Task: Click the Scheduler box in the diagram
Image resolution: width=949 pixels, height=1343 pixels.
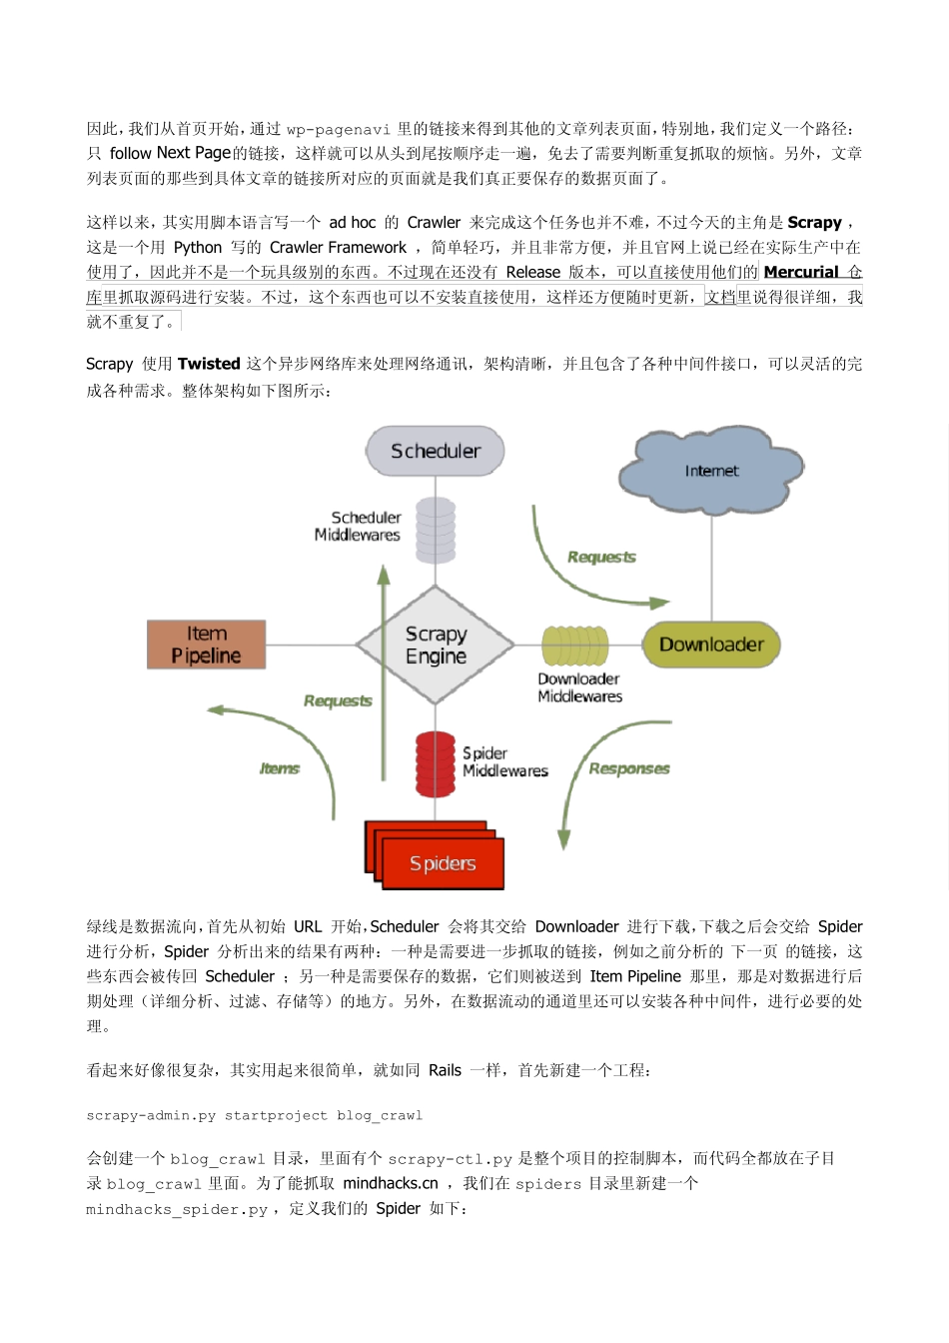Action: [436, 451]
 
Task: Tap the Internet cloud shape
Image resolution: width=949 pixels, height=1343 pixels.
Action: [711, 471]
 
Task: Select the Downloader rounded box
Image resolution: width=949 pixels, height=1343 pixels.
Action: [711, 645]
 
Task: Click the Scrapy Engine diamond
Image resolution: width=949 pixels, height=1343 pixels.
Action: [436, 645]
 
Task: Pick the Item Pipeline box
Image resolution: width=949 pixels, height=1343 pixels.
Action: [207, 645]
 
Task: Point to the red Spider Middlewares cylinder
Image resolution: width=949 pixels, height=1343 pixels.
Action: [436, 762]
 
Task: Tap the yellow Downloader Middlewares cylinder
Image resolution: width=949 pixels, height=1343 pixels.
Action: [575, 646]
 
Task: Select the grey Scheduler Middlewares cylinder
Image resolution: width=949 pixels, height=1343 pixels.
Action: [436, 530]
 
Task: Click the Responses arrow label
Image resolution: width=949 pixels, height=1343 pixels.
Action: [629, 768]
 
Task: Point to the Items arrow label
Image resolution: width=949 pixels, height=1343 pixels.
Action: [280, 768]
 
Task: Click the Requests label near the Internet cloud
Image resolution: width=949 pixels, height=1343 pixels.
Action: [601, 557]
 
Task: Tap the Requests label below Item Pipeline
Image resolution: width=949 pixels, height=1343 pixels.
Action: [338, 700]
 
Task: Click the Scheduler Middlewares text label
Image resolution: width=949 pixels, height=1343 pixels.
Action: [359, 526]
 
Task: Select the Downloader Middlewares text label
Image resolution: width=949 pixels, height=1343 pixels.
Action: [579, 687]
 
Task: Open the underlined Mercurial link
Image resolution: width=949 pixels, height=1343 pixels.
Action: [801, 272]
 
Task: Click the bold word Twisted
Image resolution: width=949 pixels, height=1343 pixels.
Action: [209, 364]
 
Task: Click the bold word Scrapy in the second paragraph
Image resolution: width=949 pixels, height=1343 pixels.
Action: [814, 222]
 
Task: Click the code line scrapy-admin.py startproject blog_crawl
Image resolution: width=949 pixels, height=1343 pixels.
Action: [255, 1115]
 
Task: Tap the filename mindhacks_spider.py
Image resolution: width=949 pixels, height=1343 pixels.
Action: [177, 1209]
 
